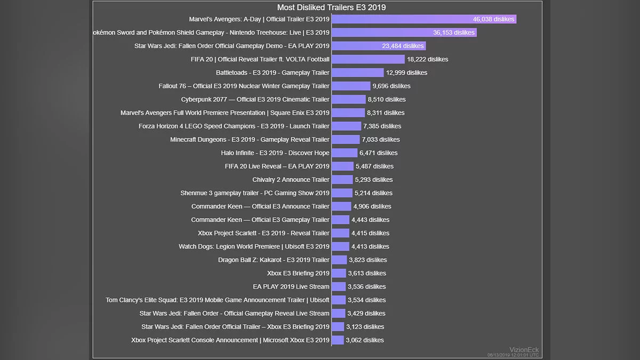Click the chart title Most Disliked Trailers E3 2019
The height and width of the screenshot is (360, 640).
click(x=331, y=7)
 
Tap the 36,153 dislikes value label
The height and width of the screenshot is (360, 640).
click(x=454, y=33)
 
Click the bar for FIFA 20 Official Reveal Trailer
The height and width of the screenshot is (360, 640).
click(x=368, y=59)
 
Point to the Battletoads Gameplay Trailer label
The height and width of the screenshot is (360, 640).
click(x=273, y=73)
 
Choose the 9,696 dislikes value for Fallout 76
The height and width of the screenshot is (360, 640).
click(x=391, y=86)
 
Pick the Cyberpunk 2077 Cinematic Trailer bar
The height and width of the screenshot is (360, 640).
click(x=349, y=99)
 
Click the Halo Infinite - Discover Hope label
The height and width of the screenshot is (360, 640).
click(x=275, y=153)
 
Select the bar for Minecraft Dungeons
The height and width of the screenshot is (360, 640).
click(x=346, y=140)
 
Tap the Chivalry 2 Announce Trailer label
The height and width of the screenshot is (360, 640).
click(x=291, y=180)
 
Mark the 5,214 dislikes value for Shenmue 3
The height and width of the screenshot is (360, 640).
click(x=373, y=193)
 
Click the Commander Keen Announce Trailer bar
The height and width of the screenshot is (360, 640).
click(x=341, y=206)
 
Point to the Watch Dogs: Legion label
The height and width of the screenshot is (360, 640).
click(x=254, y=246)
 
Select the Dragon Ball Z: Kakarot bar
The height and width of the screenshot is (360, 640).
click(x=339, y=260)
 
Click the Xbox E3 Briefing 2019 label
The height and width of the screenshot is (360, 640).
click(x=298, y=273)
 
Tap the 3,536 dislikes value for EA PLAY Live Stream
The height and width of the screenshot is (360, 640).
click(x=367, y=287)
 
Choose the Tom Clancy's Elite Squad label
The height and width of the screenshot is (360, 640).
click(x=218, y=300)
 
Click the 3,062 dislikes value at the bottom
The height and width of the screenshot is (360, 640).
click(x=364, y=340)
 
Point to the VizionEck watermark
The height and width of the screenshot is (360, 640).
click(x=524, y=350)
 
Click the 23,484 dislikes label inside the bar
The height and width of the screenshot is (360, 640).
click(x=403, y=46)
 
